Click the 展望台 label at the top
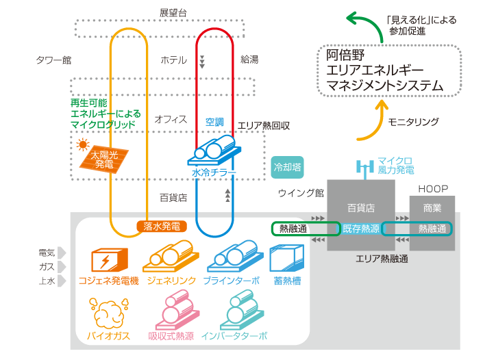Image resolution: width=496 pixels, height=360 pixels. point(173,13)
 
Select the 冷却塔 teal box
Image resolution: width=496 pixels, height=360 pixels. point(288,166)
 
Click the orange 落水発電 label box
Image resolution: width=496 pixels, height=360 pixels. point(162,226)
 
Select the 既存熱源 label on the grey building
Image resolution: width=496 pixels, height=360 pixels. point(361,229)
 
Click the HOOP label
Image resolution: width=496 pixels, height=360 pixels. point(433,188)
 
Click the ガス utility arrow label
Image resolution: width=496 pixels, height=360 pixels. point(50,267)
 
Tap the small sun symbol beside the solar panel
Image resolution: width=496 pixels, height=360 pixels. point(84,145)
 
